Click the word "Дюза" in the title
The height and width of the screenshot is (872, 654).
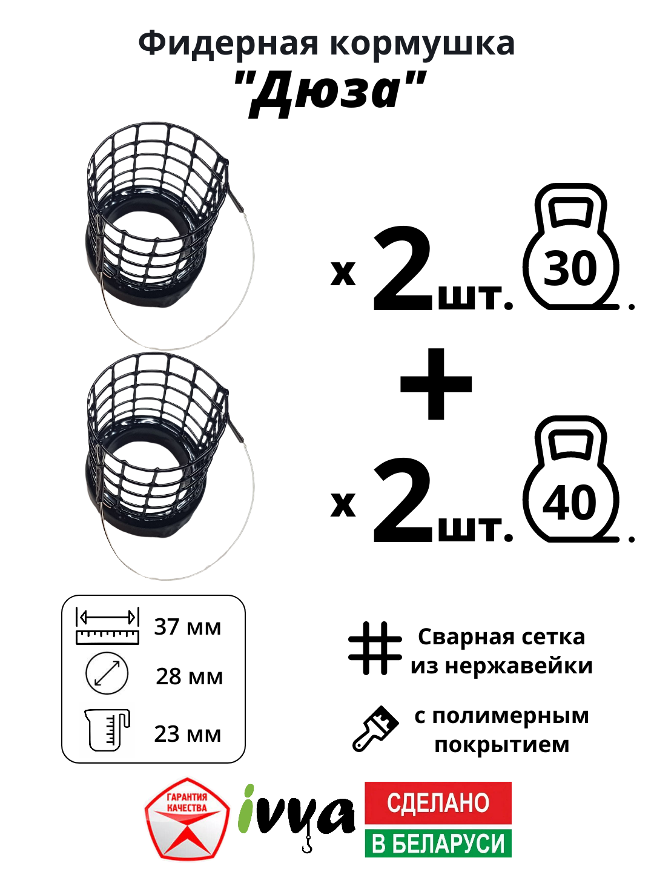pyautogui.click(x=331, y=91)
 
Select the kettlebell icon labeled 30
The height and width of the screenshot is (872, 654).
pyautogui.click(x=571, y=248)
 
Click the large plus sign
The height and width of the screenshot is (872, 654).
pyautogui.click(x=436, y=384)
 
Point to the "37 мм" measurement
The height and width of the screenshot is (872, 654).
pyautogui.click(x=188, y=627)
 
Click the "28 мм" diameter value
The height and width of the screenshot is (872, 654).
pyautogui.click(x=189, y=676)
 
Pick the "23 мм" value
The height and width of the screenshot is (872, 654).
pyautogui.click(x=188, y=734)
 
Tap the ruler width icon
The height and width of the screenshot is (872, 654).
pyautogui.click(x=107, y=626)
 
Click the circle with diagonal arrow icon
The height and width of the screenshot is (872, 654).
pyautogui.click(x=107, y=673)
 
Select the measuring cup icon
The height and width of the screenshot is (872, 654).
pyautogui.click(x=107, y=730)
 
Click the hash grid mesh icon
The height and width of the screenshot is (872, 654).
pyautogui.click(x=375, y=648)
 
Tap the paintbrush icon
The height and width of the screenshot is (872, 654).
pyautogui.click(x=375, y=728)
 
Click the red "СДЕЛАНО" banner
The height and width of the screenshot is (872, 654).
pyautogui.click(x=438, y=803)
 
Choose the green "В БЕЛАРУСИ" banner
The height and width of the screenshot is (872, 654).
pyautogui.click(x=438, y=844)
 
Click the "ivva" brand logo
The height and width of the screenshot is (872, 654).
pyautogui.click(x=297, y=814)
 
